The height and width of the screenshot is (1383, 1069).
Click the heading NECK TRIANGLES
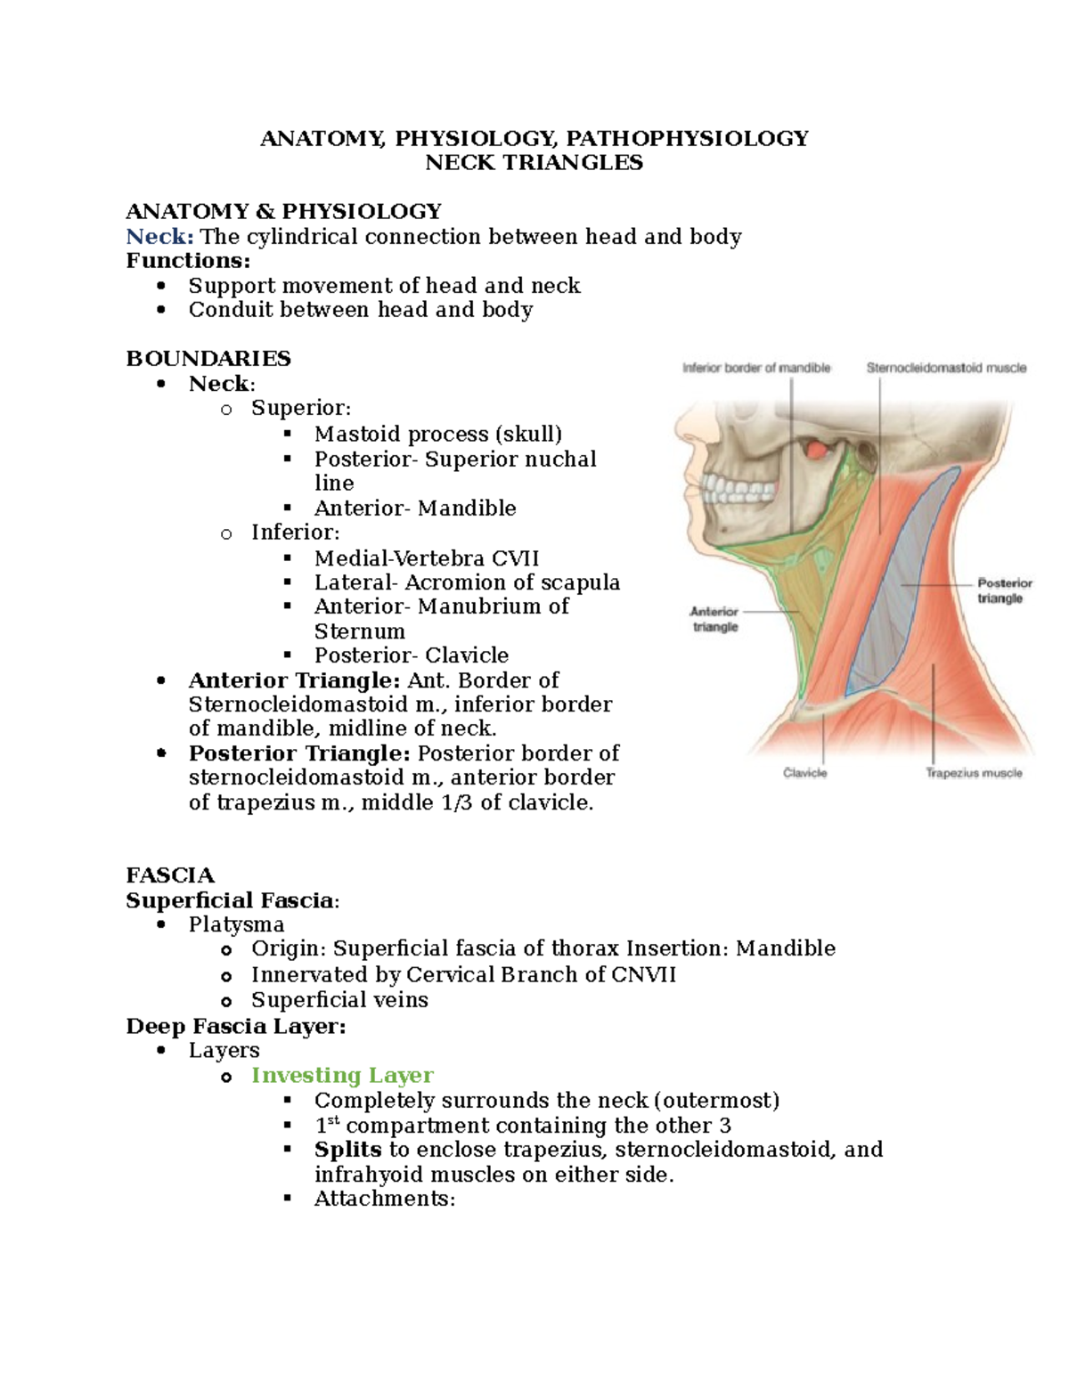tap(534, 162)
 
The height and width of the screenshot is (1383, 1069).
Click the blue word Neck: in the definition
tap(159, 236)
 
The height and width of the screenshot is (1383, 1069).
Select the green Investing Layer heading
tap(342, 1075)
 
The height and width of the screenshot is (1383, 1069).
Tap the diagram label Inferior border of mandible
tap(756, 368)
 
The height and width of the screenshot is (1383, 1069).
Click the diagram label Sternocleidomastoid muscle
tap(946, 368)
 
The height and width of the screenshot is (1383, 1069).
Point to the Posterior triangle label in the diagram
tap(1004, 590)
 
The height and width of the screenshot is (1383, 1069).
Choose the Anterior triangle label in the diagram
tap(714, 619)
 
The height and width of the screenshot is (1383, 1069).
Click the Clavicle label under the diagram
tap(804, 773)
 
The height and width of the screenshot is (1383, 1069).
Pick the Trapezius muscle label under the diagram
tap(974, 773)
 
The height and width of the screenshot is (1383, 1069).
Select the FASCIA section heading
tap(170, 875)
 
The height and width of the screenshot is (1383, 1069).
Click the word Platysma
tap(236, 924)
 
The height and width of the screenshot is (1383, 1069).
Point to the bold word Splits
tap(347, 1149)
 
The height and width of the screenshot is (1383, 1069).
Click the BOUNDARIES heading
tap(208, 358)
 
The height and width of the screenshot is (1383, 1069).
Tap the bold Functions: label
tap(188, 260)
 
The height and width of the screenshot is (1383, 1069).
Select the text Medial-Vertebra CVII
tap(427, 558)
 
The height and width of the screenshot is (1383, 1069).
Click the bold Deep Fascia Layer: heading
tap(236, 1026)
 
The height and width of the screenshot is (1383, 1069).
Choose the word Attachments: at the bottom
tap(385, 1199)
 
